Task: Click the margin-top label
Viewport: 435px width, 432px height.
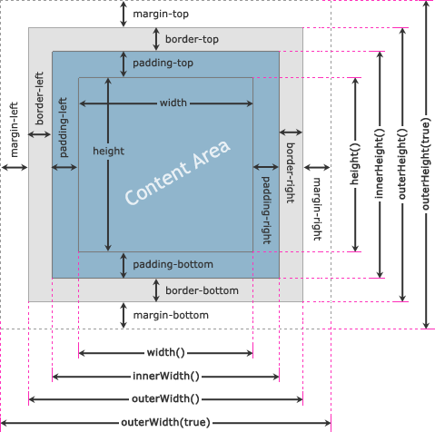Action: pyautogui.click(x=161, y=14)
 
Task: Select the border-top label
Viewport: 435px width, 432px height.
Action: pyautogui.click(x=192, y=39)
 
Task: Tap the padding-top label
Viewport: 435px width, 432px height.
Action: pyautogui.click(x=163, y=63)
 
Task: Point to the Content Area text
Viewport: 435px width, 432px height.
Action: pyautogui.click(x=178, y=172)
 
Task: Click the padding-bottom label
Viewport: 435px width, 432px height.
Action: pyautogui.click(x=173, y=264)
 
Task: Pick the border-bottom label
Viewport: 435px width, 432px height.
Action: pyautogui.click(x=202, y=290)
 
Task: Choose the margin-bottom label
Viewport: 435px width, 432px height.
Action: pyautogui.click(x=171, y=315)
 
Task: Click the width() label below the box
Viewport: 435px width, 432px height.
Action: pyautogui.click(x=166, y=352)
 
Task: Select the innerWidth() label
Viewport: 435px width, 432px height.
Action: pyautogui.click(x=166, y=376)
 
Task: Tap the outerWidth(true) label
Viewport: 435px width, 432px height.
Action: pyautogui.click(x=165, y=422)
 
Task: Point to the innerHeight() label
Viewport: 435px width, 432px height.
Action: pyautogui.click(x=379, y=163)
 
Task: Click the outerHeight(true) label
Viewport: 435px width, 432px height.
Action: pyautogui.click(x=426, y=164)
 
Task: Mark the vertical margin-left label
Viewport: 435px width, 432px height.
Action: pyautogui.click(x=14, y=130)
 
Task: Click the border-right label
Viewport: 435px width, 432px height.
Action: pyautogui.click(x=291, y=173)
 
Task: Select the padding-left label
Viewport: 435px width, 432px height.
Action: pyautogui.click(x=63, y=127)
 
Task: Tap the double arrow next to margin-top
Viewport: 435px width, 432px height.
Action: pyautogui.click(x=124, y=14)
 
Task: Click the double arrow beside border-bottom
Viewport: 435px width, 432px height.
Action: pyautogui.click(x=156, y=290)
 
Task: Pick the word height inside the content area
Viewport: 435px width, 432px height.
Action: pyautogui.click(x=108, y=151)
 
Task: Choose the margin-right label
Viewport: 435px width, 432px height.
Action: pyautogui.click(x=317, y=209)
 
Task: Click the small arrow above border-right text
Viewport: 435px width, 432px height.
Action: pyautogui.click(x=291, y=133)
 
